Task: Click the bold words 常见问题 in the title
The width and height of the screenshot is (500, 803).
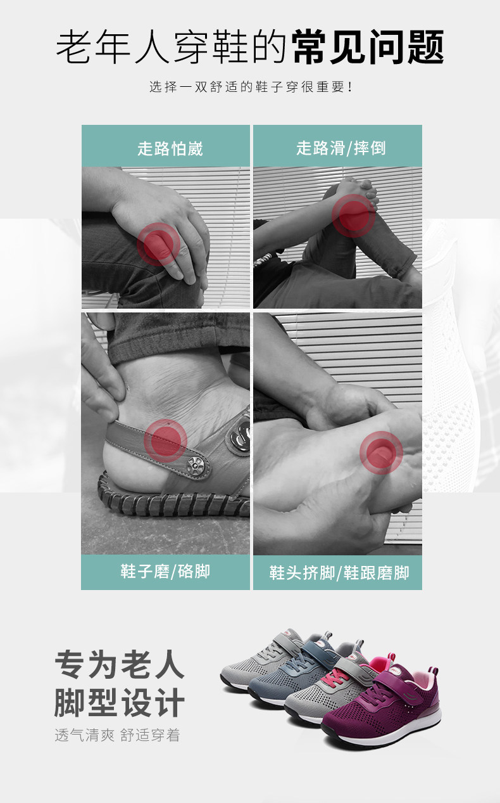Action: coord(368,47)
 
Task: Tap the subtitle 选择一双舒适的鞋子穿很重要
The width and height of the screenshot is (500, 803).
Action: coord(251,87)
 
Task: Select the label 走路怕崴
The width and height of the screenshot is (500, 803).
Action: coord(170,148)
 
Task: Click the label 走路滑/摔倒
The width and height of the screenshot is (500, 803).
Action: coord(341,148)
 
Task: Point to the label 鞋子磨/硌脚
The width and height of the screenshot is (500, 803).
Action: coord(165,572)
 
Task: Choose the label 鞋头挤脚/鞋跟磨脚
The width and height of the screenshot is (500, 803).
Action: coord(339,572)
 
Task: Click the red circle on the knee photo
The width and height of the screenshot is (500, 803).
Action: coord(158,244)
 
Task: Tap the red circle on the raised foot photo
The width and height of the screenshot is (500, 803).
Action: coord(354,215)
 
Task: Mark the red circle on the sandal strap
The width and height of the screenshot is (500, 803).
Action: coord(165,440)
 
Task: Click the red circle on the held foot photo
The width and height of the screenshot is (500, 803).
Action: coord(381,453)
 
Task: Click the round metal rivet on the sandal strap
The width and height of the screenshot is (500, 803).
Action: coord(195,466)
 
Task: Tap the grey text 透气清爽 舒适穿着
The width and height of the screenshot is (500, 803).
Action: coord(117,735)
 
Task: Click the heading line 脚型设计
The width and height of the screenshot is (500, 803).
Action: coord(120,703)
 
